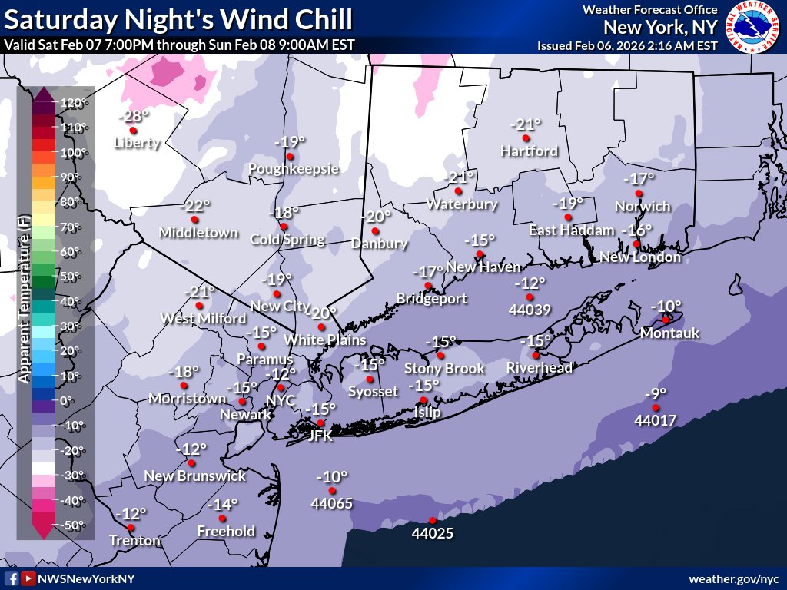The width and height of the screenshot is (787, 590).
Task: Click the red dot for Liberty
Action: coord(133,131)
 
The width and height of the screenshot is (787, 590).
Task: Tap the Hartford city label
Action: coord(529,151)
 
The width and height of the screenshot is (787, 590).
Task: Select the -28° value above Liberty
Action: coord(134,116)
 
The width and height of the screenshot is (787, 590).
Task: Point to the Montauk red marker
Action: coord(666,320)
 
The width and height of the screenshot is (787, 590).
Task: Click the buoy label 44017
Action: coord(655,421)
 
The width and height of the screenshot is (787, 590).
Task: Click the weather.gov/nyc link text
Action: coord(734,578)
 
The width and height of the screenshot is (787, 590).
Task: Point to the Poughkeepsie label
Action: coord(293,169)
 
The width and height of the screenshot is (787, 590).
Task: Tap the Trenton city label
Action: coord(135,541)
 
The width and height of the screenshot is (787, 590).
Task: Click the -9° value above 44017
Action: coord(656,394)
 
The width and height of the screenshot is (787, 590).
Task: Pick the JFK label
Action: coord(320,436)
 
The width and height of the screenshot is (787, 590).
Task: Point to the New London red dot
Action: coord(636,244)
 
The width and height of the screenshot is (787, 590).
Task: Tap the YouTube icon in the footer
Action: coord(28,578)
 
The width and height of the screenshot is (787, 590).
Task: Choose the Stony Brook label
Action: coord(445,369)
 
